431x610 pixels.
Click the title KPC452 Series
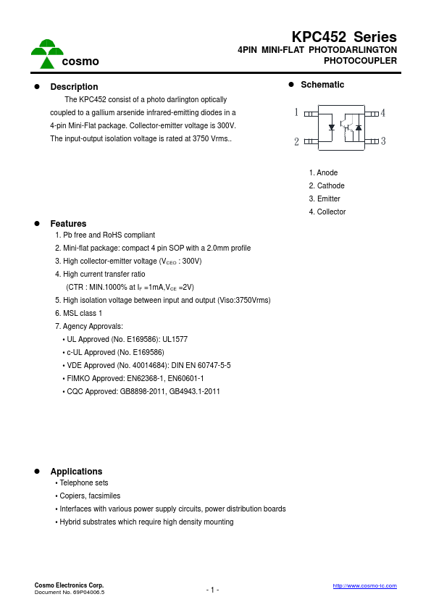pos(344,37)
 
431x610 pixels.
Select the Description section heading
pos(74,87)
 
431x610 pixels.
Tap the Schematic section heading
pos(322,85)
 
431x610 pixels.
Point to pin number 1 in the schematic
pos(296,112)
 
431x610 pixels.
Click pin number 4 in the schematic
pos(382,113)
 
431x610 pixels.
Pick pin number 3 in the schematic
pos(382,141)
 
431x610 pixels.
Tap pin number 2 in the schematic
pos(296,142)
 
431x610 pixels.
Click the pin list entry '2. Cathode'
pos(327,186)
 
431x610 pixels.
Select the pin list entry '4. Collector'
pos(327,212)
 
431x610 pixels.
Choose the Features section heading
pos(68,224)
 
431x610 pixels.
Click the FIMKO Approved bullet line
pos(133,379)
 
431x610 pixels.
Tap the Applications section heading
pos(76,472)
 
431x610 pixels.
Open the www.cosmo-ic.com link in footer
pos(364,585)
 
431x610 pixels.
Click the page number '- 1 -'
pos(212,590)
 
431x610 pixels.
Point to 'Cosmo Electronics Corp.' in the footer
pos(69,585)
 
